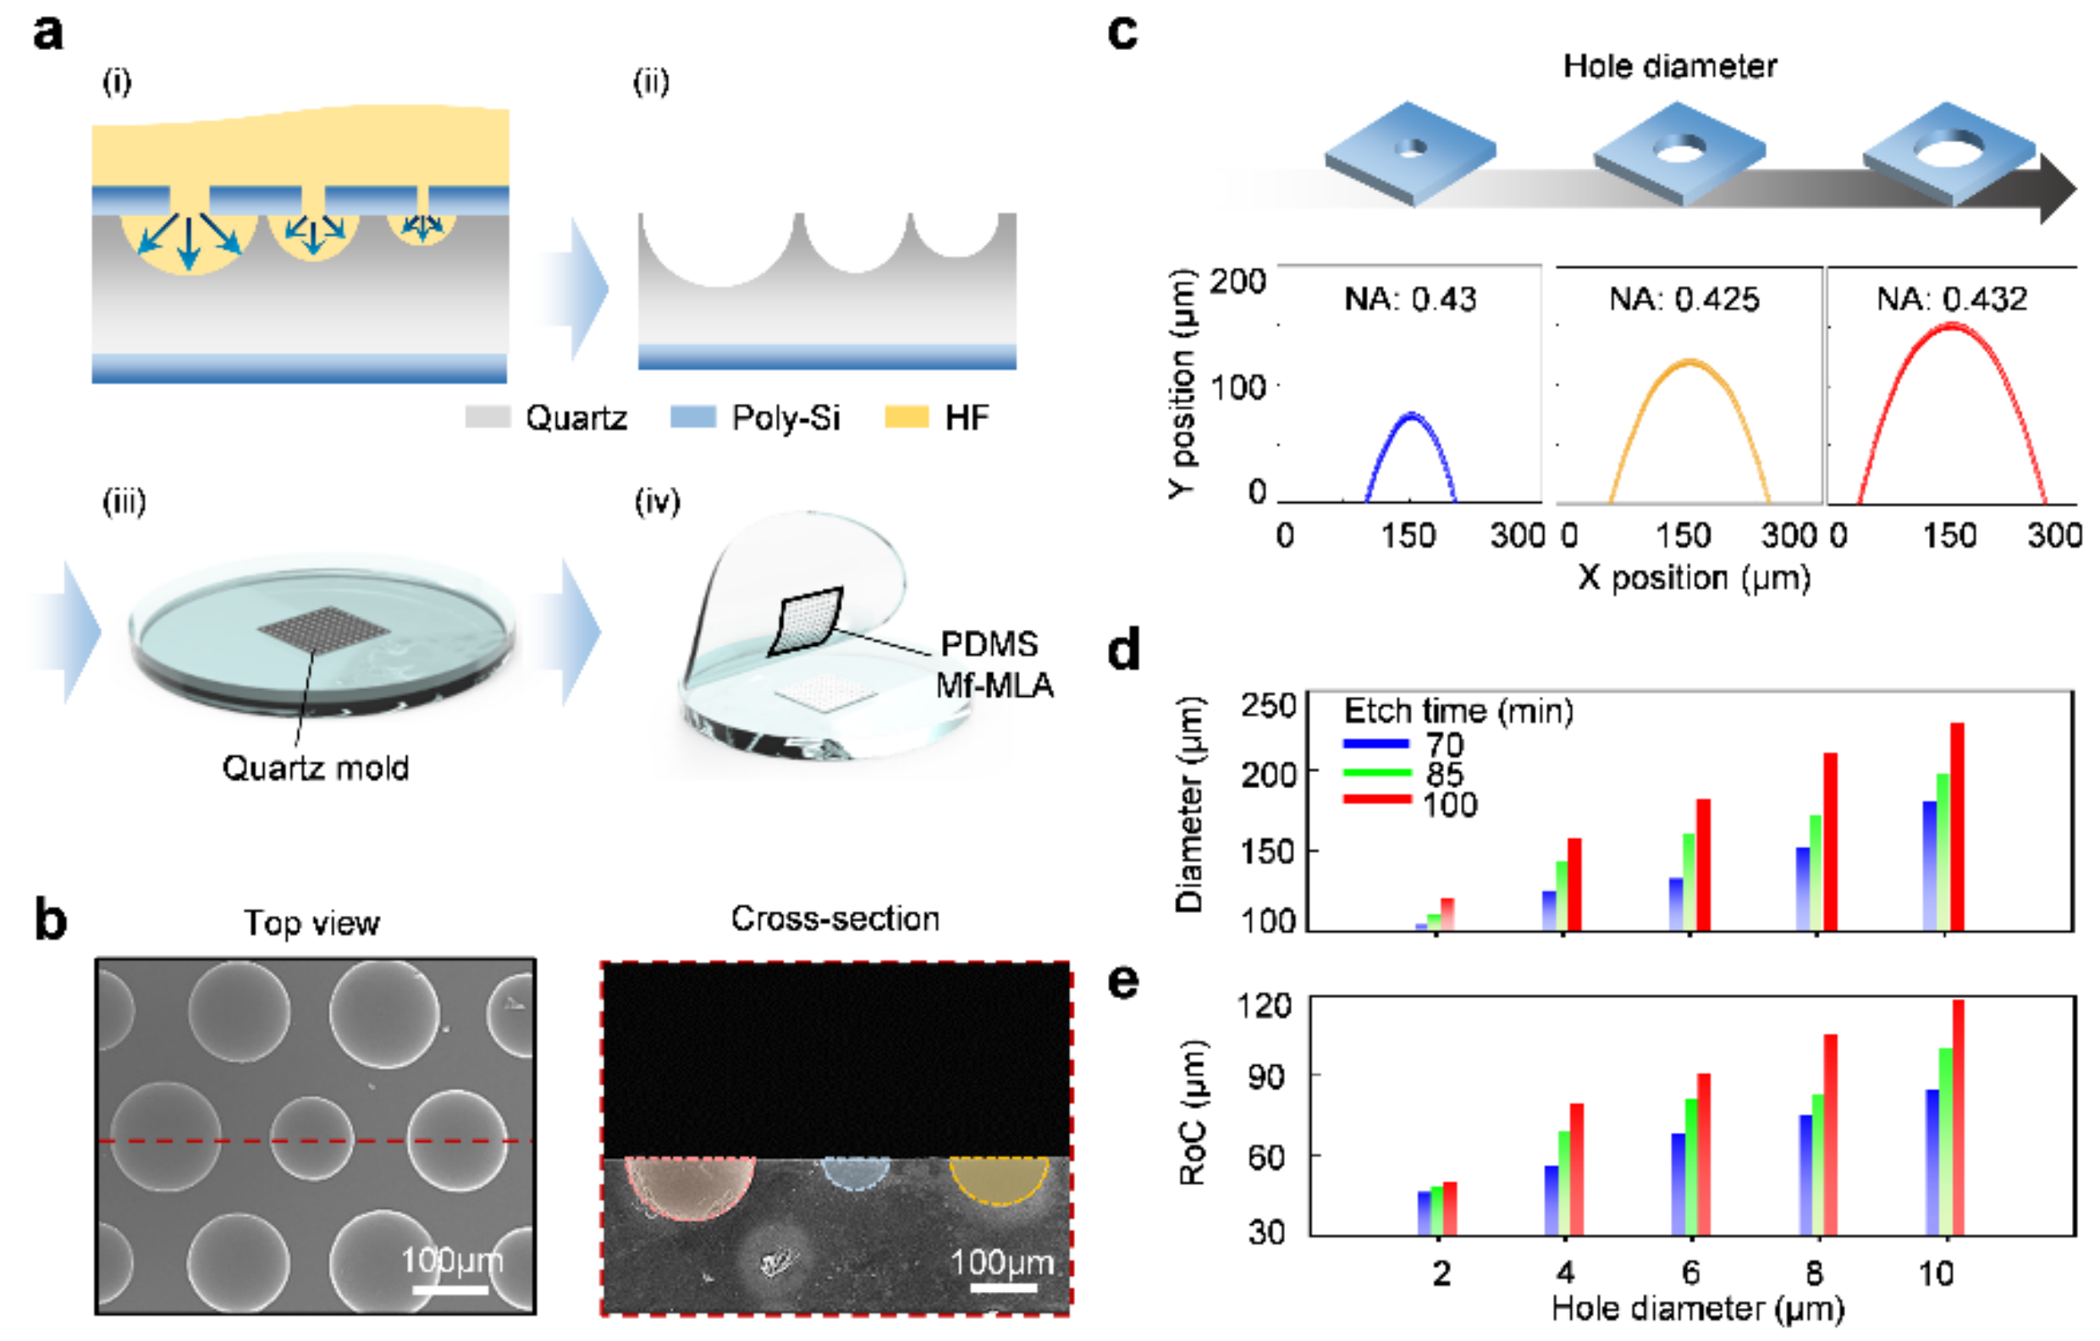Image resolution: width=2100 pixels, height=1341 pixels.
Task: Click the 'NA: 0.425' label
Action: (1684, 299)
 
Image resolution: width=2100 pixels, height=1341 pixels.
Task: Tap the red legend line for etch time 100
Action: (1377, 799)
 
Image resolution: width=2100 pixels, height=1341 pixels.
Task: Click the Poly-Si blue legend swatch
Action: (692, 417)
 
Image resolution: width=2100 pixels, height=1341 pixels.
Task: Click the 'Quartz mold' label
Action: (315, 768)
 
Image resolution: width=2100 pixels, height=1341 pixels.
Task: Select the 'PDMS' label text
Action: (989, 644)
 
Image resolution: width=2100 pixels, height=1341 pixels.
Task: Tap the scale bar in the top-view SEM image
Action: (450, 1288)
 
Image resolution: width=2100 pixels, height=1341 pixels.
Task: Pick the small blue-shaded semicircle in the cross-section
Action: (856, 1171)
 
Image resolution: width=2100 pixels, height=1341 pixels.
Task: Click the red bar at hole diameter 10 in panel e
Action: (1958, 1117)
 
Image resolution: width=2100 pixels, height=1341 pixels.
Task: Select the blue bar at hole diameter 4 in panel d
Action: (1549, 910)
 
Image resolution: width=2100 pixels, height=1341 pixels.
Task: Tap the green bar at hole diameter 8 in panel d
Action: (1816, 873)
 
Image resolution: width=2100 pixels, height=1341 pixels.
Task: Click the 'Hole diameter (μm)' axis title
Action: (1698, 1309)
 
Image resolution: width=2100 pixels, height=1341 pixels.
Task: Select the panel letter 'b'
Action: (51, 920)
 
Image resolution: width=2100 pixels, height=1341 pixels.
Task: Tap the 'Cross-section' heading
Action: (835, 919)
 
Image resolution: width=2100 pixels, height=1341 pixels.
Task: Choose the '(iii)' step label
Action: (124, 502)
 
